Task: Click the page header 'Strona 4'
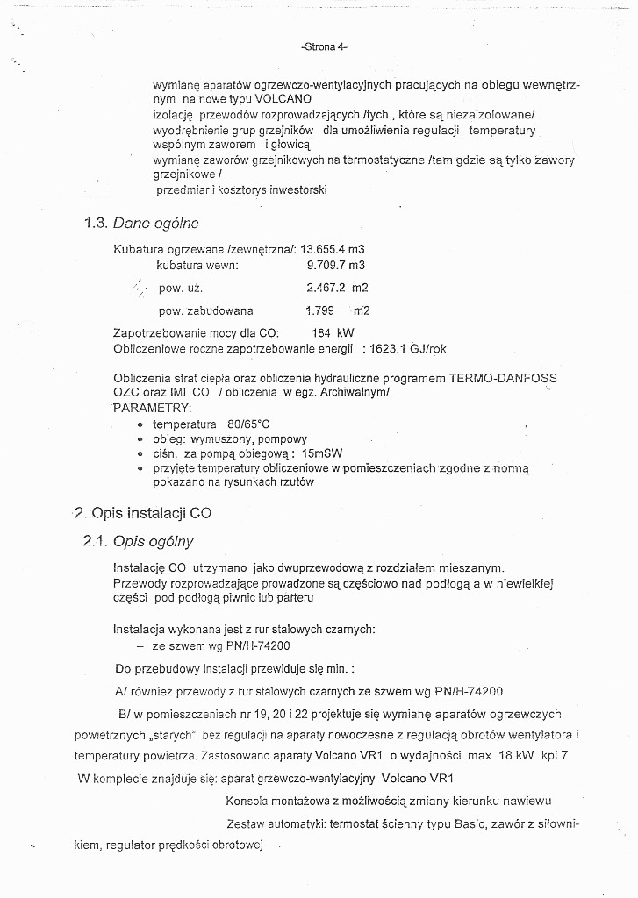coord(318,46)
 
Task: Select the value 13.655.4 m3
coord(333,249)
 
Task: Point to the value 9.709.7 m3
coord(335,265)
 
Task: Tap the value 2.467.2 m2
coord(337,288)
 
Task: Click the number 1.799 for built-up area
coord(321,310)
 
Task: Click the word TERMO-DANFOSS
coord(503,378)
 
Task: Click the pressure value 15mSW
coord(321,454)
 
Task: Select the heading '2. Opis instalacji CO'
coord(143,512)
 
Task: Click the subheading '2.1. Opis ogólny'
coord(139,541)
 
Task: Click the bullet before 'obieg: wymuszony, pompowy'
coord(140,439)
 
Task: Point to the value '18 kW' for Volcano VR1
coord(513,754)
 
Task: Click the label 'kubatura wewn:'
coord(197,265)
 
